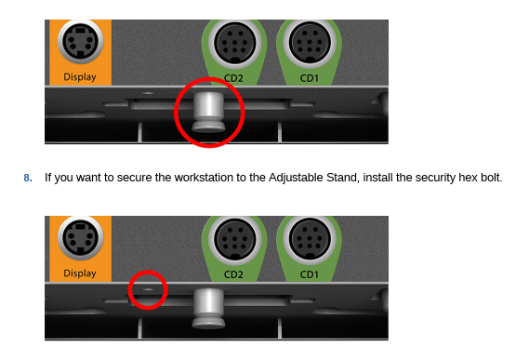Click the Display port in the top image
(x=80, y=42)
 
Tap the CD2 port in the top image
(x=234, y=43)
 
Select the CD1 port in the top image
(x=310, y=43)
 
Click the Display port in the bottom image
(x=80, y=238)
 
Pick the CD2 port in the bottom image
(x=234, y=239)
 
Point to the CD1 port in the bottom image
(x=310, y=239)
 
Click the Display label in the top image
(x=80, y=77)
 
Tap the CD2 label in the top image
(x=233, y=78)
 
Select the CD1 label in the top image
(x=309, y=78)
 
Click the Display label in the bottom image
(x=80, y=273)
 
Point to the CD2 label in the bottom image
(x=233, y=274)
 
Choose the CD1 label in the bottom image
(x=309, y=274)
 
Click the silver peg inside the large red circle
(x=208, y=112)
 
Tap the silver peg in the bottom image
(x=208, y=309)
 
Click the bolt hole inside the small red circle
(x=148, y=289)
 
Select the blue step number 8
(x=28, y=178)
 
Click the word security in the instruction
(x=435, y=179)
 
